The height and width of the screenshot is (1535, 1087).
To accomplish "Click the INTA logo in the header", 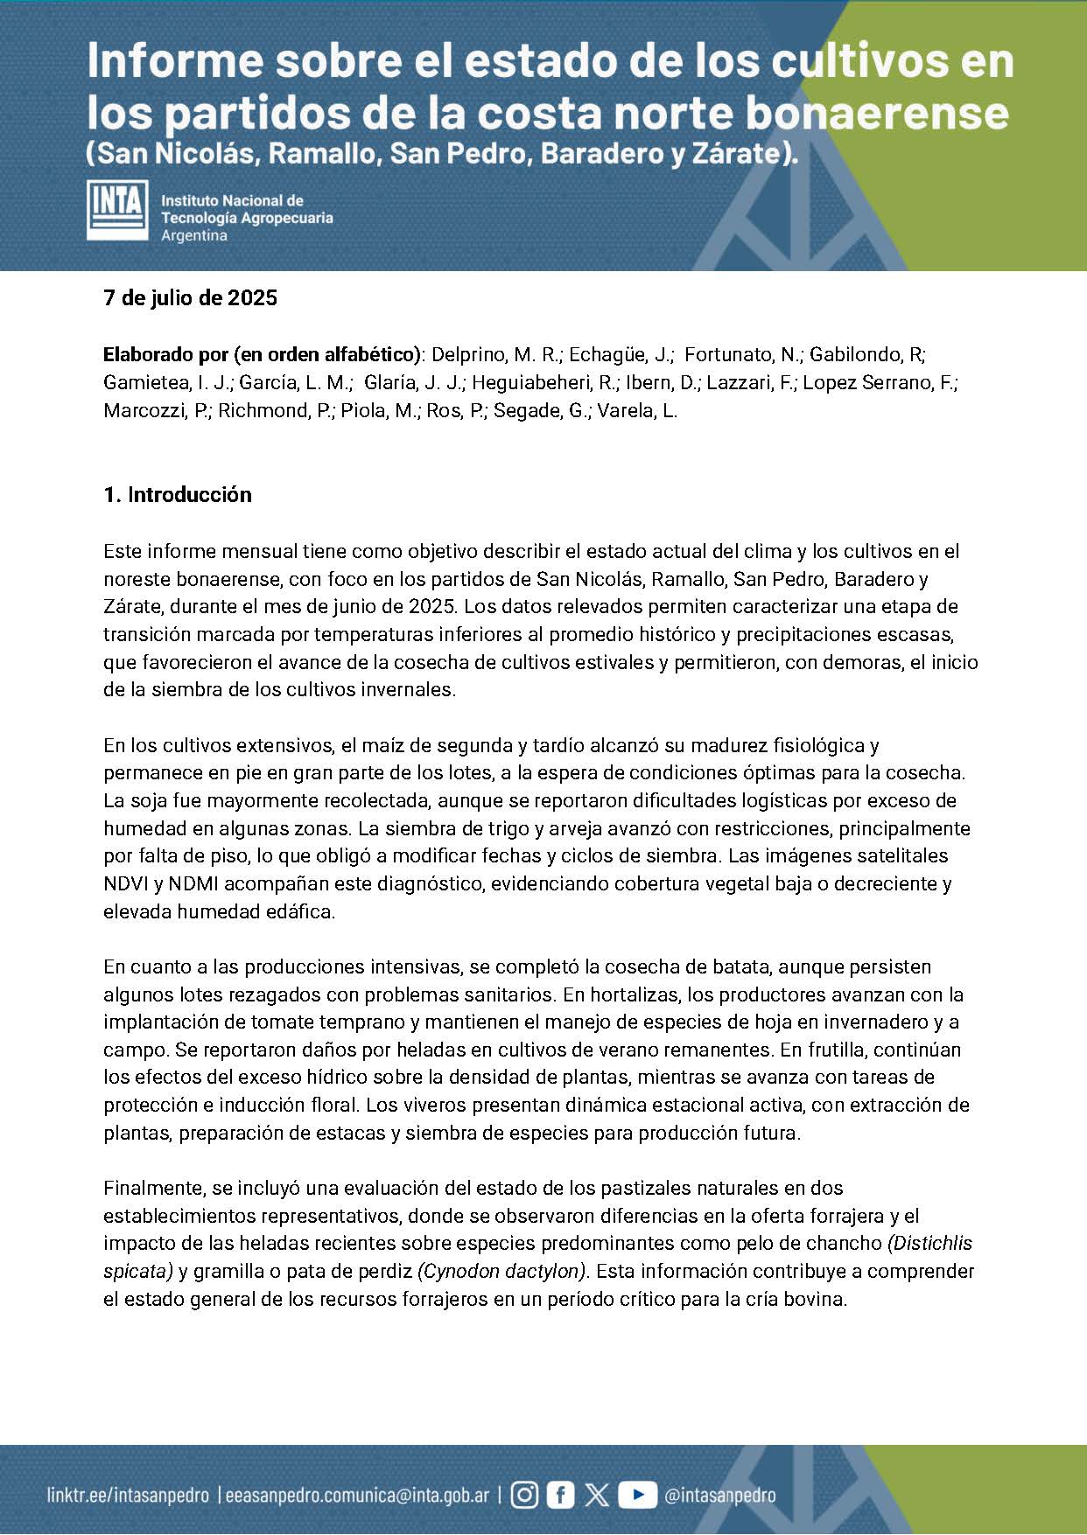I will pyautogui.click(x=117, y=210).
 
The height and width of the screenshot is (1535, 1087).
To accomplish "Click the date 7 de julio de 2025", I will pyautogui.click(x=190, y=298).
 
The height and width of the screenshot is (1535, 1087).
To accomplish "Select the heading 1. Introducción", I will pyautogui.click(x=178, y=495).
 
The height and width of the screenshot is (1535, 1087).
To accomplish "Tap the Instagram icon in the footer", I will pyautogui.click(x=524, y=1495).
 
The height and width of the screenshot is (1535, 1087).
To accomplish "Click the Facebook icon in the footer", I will pyautogui.click(x=560, y=1495).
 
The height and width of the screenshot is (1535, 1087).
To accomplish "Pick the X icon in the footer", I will pyautogui.click(x=597, y=1495).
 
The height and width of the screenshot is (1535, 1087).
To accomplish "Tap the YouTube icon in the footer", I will pyautogui.click(x=637, y=1495).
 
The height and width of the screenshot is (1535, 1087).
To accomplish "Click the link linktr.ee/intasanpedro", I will pyautogui.click(x=128, y=1496).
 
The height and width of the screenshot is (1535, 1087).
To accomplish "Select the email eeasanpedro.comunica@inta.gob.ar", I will pyautogui.click(x=357, y=1496).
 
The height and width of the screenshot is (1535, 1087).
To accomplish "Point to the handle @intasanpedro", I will pyautogui.click(x=719, y=1496).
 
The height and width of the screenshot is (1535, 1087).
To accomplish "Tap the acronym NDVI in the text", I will pyautogui.click(x=126, y=883).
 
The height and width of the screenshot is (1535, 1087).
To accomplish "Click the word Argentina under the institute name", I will pyautogui.click(x=194, y=236).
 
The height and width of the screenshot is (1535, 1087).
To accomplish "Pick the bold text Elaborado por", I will pyautogui.click(x=165, y=355).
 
